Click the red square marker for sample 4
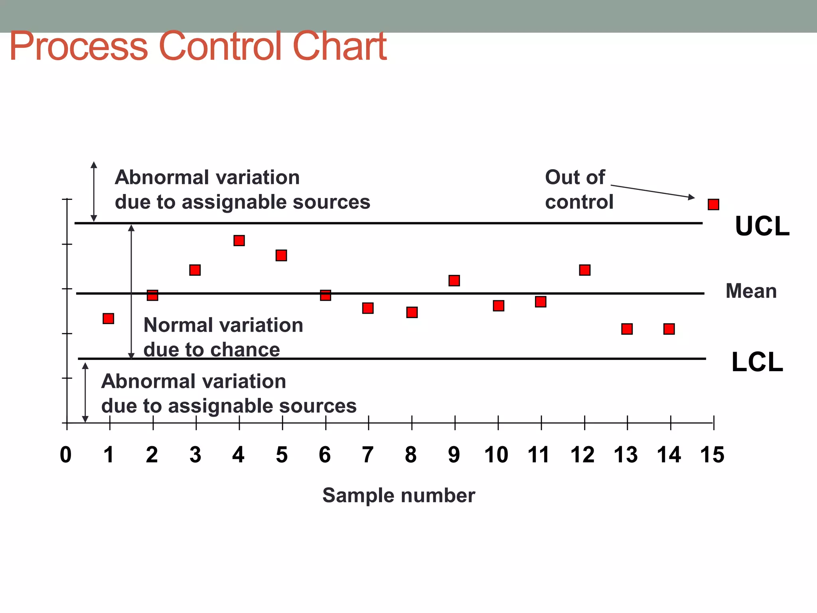click(239, 240)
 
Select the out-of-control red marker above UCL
click(713, 204)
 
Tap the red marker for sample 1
click(108, 318)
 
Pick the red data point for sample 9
click(454, 281)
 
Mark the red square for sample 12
click(584, 270)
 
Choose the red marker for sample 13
click(627, 329)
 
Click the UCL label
click(762, 226)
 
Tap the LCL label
click(757, 362)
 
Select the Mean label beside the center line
click(751, 291)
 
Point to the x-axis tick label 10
click(496, 455)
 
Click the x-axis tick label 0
click(66, 455)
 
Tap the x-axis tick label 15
click(712, 455)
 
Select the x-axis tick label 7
click(367, 455)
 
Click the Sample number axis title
click(399, 495)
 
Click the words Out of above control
click(575, 177)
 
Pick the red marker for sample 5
click(281, 255)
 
